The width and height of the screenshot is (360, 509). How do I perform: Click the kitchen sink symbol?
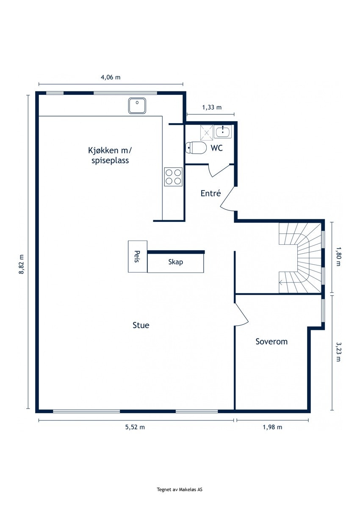(x=137, y=106)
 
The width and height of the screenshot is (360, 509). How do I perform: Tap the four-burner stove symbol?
(x=173, y=177)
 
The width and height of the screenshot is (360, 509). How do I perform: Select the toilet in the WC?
(x=196, y=148)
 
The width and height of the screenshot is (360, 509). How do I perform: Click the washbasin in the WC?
(x=223, y=131)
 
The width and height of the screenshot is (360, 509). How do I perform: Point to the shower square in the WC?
(x=207, y=133)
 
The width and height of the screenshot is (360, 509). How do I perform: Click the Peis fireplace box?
(x=138, y=257)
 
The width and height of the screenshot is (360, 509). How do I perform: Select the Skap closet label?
(x=175, y=262)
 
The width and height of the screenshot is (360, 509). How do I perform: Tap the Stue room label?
(x=141, y=325)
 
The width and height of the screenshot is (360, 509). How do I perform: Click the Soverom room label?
(x=271, y=342)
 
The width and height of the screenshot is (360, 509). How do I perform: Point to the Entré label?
(x=210, y=193)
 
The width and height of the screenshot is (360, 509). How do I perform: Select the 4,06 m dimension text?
(x=111, y=77)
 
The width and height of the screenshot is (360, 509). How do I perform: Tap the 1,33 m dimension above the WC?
(x=212, y=107)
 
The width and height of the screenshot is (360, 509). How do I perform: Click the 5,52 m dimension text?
(x=135, y=427)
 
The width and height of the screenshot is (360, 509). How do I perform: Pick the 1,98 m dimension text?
(x=272, y=427)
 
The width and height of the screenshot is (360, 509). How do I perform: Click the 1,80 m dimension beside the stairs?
(x=338, y=257)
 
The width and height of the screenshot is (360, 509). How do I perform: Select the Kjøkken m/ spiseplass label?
(x=110, y=155)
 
